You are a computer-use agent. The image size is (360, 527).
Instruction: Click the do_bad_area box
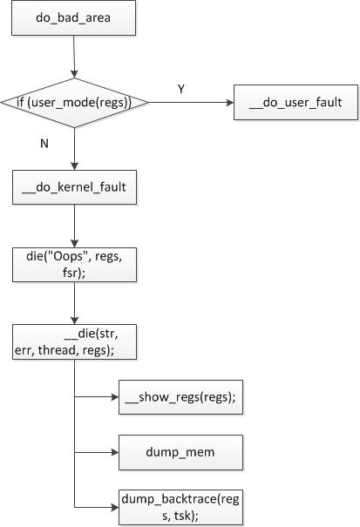click(74, 17)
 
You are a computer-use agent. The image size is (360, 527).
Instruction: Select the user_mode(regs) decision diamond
click(74, 103)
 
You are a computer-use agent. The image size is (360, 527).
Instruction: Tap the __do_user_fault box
click(295, 102)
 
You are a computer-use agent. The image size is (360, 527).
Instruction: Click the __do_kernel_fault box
click(74, 187)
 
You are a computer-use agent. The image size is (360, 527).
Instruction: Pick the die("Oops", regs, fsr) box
click(74, 265)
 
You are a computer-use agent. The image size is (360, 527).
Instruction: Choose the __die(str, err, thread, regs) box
click(74, 341)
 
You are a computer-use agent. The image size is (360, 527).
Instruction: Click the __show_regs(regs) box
click(180, 397)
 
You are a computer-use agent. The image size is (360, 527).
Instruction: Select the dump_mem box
click(180, 452)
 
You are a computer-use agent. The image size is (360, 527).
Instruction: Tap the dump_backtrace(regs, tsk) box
click(180, 507)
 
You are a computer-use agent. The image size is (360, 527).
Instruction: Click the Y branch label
click(181, 89)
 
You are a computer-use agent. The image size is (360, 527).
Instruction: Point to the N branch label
click(44, 144)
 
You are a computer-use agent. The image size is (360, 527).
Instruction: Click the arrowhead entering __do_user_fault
click(230, 103)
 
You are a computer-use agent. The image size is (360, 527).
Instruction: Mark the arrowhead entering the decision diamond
click(74, 74)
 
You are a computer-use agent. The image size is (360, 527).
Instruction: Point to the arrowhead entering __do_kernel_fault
click(74, 166)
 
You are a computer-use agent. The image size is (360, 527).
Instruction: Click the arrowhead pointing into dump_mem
click(115, 452)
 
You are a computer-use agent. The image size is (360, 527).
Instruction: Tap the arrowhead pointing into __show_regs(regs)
click(115, 397)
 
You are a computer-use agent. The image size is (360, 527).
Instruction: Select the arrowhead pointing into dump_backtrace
click(115, 507)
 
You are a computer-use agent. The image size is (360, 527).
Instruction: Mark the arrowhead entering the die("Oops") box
click(74, 244)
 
